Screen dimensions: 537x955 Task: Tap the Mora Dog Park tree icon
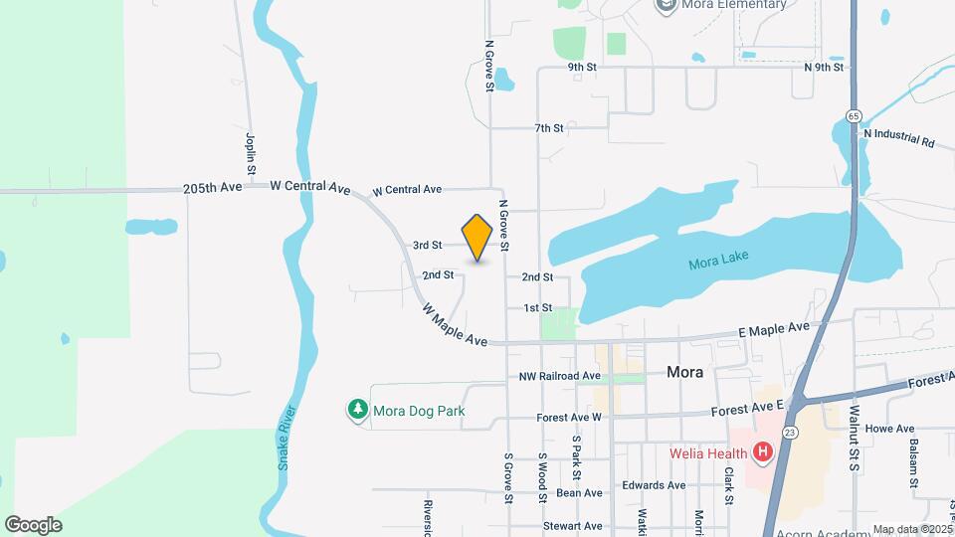click(357, 410)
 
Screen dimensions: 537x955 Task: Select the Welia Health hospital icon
click(763, 454)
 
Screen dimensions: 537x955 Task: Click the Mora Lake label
click(718, 262)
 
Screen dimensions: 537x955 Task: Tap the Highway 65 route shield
click(854, 116)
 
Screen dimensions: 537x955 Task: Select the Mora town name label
click(684, 373)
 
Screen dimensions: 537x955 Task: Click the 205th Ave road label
click(213, 188)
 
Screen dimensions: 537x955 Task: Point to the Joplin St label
click(251, 154)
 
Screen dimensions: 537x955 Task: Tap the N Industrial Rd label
click(898, 137)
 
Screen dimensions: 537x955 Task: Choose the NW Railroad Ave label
click(560, 377)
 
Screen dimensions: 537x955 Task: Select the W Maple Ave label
click(455, 325)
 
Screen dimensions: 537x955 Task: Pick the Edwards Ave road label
click(654, 485)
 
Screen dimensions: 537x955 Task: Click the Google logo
click(33, 525)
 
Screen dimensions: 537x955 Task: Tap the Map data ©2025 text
click(910, 529)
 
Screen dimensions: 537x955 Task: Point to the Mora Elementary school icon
click(665, 5)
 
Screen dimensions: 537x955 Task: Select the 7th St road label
click(548, 128)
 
